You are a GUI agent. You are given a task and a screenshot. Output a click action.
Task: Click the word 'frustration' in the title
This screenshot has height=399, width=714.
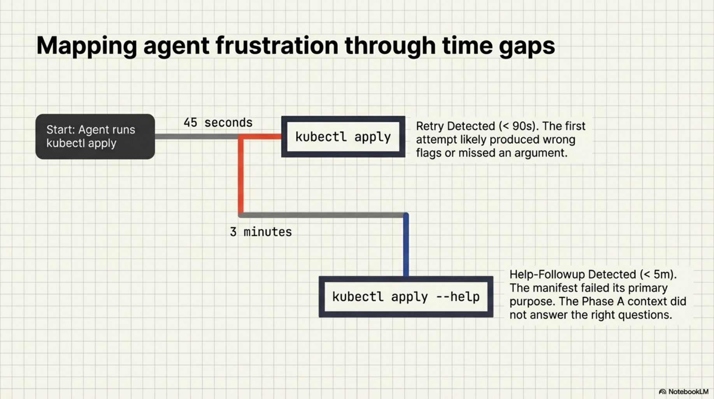[276, 46]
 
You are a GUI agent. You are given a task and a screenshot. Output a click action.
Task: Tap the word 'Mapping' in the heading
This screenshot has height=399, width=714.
[86, 46]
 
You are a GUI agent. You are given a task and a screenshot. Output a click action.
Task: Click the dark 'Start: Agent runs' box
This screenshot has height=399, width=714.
[95, 136]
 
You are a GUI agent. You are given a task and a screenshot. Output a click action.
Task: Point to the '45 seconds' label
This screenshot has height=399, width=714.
[218, 123]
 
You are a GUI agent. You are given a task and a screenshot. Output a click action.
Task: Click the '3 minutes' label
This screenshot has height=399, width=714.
[261, 232]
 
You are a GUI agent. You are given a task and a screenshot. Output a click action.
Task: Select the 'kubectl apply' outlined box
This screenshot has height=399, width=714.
[343, 137]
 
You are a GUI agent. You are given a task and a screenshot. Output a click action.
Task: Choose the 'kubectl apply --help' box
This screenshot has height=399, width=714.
[405, 297]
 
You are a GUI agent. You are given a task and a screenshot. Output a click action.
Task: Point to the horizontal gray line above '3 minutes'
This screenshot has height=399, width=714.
[323, 215]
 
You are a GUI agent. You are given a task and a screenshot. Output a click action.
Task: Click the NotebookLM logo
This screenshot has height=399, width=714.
[683, 392]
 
